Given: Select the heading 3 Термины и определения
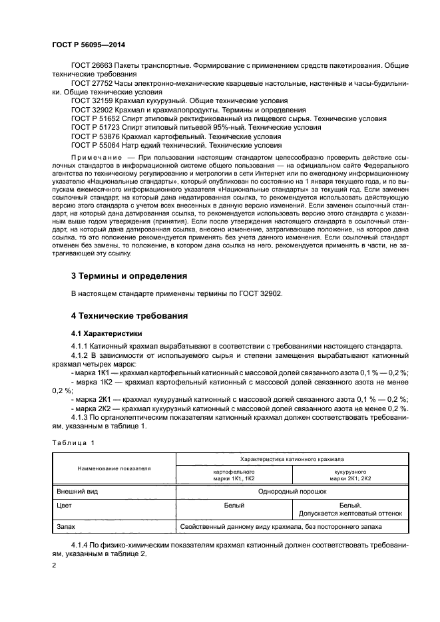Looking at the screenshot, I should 129,275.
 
